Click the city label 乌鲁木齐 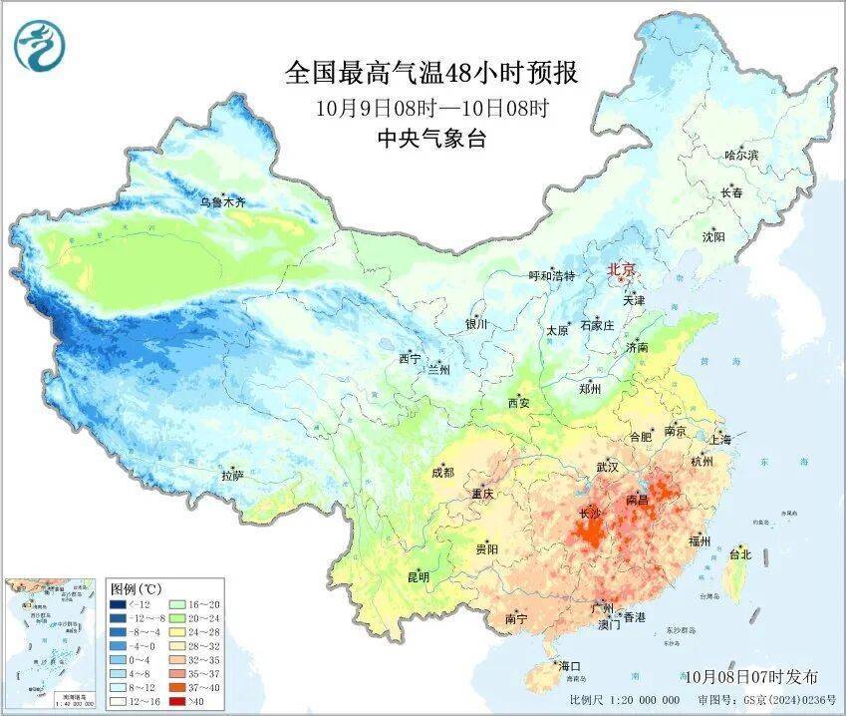[221, 203]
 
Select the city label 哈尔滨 [742, 156]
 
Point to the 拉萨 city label [232, 477]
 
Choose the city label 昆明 [418, 577]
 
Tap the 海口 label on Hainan [570, 666]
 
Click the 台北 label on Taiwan [740, 553]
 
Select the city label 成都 [442, 473]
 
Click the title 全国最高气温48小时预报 [431, 74]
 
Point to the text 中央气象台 [431, 140]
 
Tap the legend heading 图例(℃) [136, 587]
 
